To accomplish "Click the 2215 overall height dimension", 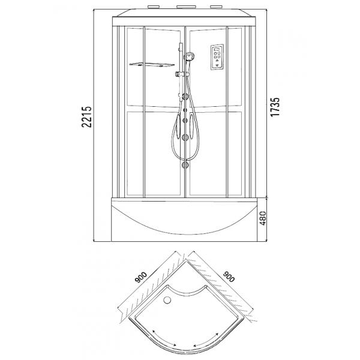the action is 87,117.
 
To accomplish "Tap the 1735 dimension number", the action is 275,107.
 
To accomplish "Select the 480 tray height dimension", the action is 262,218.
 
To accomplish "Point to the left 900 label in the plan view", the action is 141,277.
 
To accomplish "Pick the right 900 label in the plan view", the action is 229,277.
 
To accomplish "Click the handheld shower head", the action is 190,56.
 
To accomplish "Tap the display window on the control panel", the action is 217,49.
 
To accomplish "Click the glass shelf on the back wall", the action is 152,65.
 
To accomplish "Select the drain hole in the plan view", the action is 167,299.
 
